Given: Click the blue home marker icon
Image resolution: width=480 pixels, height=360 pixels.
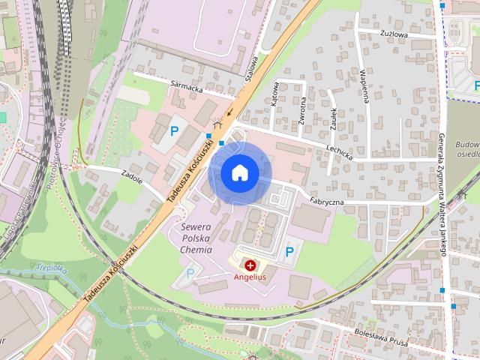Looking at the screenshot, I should point(240,172).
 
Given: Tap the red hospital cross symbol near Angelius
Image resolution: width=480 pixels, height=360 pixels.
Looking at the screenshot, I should point(249,265).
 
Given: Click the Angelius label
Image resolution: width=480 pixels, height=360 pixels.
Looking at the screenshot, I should point(249,277).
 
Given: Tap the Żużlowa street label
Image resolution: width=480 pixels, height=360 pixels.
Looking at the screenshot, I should point(394,34).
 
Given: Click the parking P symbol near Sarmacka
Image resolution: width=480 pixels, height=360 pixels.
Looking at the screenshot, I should point(175,130).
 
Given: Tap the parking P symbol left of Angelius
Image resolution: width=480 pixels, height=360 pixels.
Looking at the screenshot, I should point(190,274).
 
